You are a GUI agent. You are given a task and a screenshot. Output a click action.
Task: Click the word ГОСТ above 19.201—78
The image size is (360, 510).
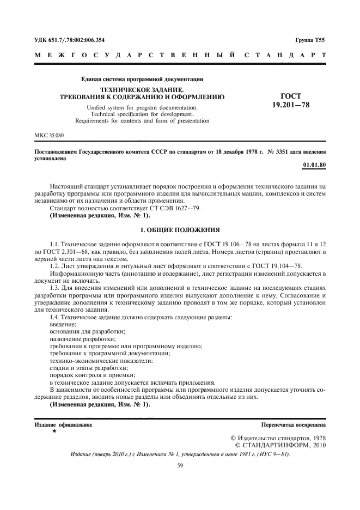pyautogui.click(x=291, y=94)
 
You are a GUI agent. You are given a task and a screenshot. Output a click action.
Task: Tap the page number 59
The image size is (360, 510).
pyautogui.click(x=180, y=465)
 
